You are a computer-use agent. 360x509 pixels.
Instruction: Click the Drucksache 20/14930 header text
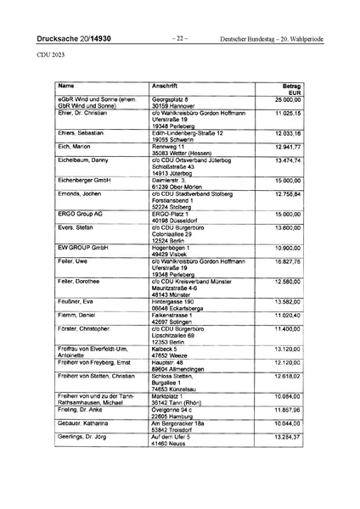pyautogui.click(x=73, y=39)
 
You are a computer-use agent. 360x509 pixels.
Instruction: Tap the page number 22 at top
pyautogui.click(x=180, y=39)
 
